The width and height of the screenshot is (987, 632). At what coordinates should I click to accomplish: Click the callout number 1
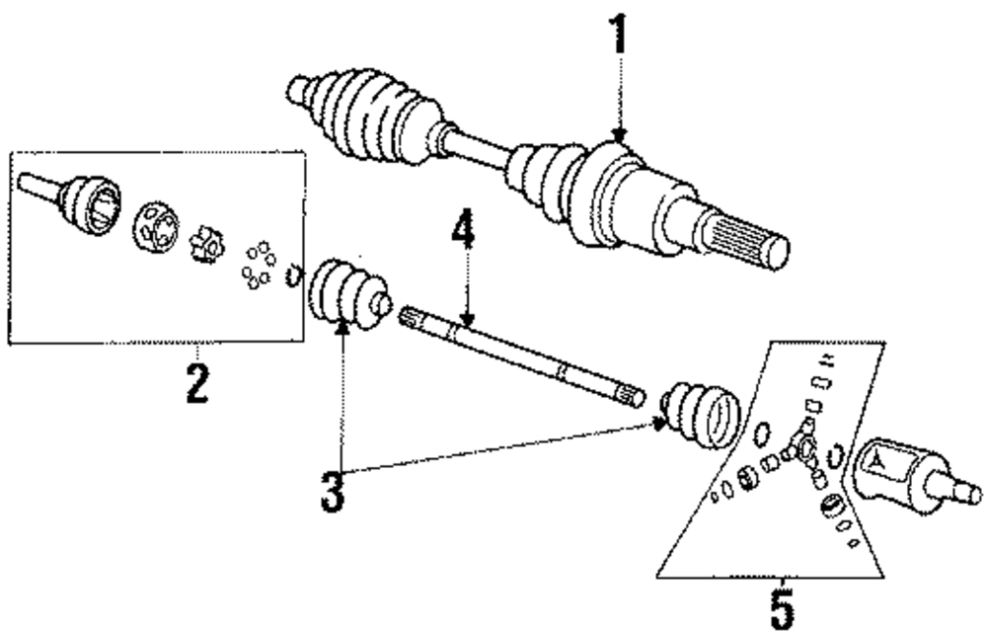618,34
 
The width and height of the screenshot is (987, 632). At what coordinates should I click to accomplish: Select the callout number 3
335,491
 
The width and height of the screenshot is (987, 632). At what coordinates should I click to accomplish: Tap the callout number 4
464,235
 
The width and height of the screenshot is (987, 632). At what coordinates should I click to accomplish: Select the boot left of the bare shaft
346,293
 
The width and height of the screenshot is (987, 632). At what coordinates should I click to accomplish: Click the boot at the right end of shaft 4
699,414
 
